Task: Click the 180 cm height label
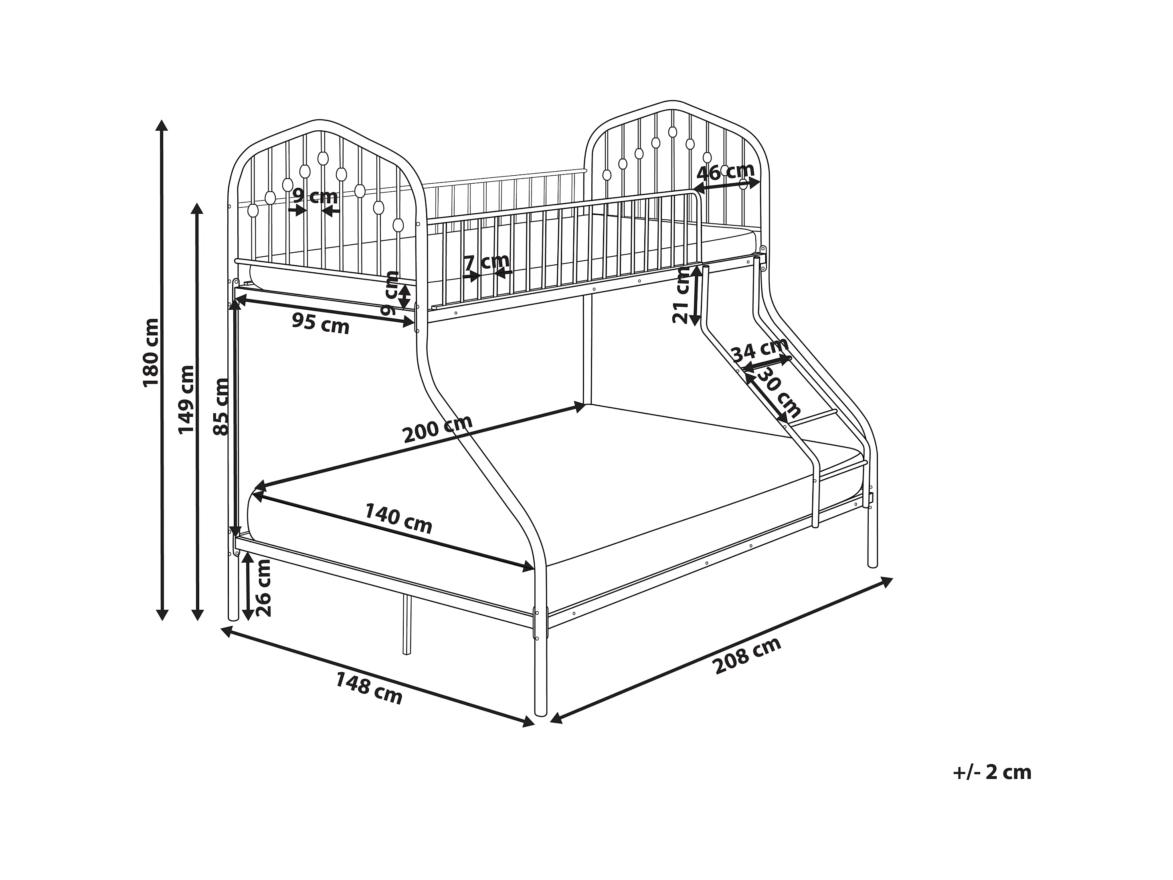pos(151,353)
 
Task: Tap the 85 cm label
pos(221,407)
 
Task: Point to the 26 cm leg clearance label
pos(263,588)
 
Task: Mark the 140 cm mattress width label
pos(398,518)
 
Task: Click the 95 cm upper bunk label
pos(321,324)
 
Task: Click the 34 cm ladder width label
pos(759,351)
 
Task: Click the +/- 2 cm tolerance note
pos(992,773)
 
